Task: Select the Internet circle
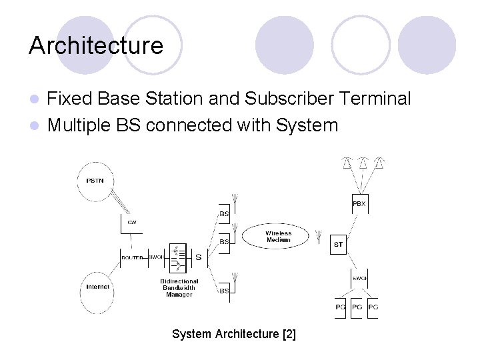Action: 98,287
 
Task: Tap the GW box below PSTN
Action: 132,223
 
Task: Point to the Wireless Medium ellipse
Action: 277,236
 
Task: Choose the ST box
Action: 339,245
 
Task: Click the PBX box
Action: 359,204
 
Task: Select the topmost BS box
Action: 225,214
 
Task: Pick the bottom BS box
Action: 225,291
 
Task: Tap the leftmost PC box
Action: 340,307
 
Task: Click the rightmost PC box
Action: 373,307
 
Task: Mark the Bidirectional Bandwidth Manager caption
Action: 179,288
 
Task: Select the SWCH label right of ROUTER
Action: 155,257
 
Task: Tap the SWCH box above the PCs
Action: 359,278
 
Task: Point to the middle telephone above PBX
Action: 363,163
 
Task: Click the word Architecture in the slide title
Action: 96,46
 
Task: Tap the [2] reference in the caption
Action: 289,334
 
